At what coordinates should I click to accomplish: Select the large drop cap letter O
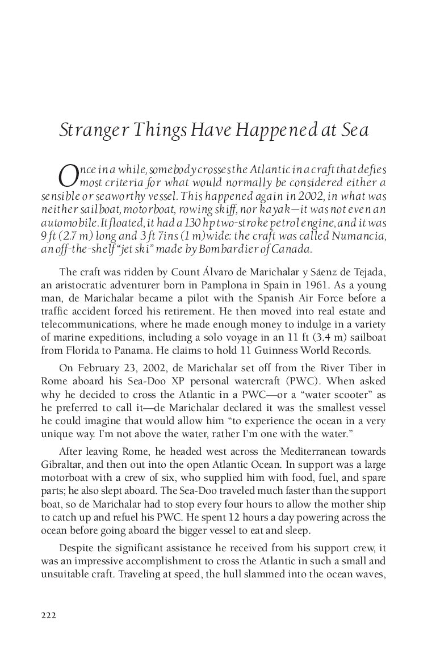click(68, 176)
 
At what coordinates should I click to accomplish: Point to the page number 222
click(48, 615)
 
